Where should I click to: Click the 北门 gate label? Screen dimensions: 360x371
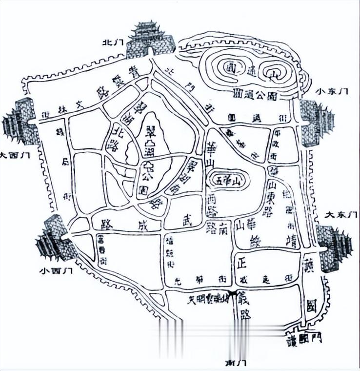(x=111, y=42)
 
